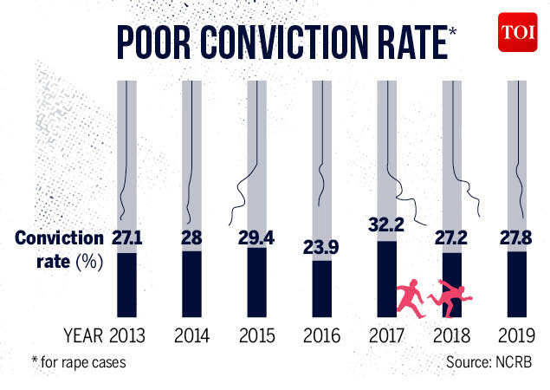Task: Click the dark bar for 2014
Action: [x=192, y=283]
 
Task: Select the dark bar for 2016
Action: [x=321, y=288]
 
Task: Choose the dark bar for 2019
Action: [x=516, y=283]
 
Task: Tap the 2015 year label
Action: [x=256, y=336]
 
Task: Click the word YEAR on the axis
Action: [x=81, y=336]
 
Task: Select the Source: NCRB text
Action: [x=489, y=361]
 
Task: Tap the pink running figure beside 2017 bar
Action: [x=409, y=299]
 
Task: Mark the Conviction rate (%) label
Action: [x=59, y=249]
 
